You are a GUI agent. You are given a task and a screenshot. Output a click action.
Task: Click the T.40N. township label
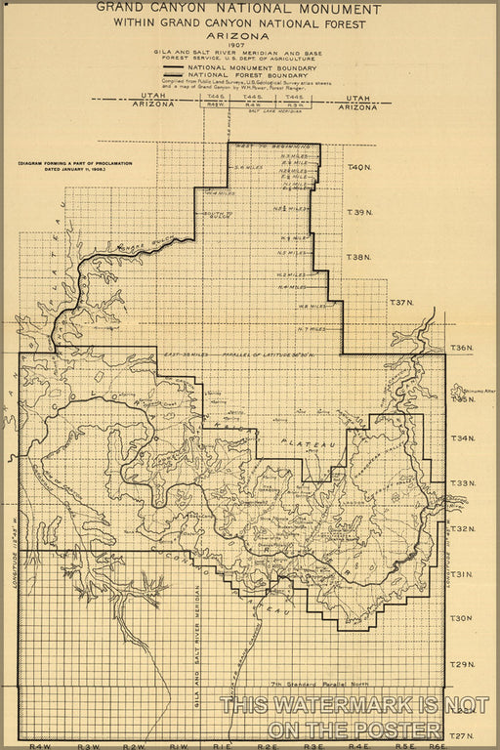click(x=359, y=168)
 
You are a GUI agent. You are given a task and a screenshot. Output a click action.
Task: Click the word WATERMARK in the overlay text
click(x=330, y=705)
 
